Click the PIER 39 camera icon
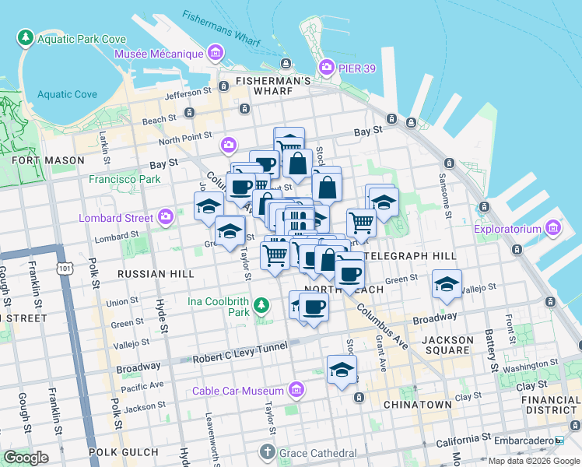pyautogui.click(x=327, y=68)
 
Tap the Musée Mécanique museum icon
pyautogui.click(x=216, y=54)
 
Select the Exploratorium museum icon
pyautogui.click(x=553, y=228)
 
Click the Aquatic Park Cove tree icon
pyautogui.click(x=26, y=37)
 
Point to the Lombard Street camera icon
pyautogui.click(x=165, y=217)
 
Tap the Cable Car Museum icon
pyautogui.click(x=296, y=390)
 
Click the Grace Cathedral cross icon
pyautogui.click(x=267, y=452)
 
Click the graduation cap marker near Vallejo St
pyautogui.click(x=447, y=285)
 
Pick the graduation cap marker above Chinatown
pyautogui.click(x=342, y=371)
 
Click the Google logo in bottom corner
pyautogui.click(x=25, y=457)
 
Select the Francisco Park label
pyautogui.click(x=124, y=179)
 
